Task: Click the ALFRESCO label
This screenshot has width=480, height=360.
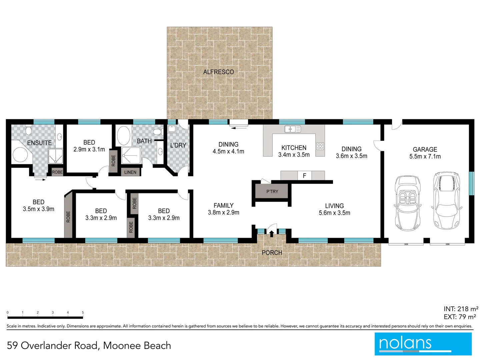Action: coord(219,72)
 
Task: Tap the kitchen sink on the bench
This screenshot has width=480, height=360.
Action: coord(292,129)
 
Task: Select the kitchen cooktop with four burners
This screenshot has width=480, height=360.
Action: coord(320,146)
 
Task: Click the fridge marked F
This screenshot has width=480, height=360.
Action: coord(304,176)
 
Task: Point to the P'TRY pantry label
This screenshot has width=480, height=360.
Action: coord(272,192)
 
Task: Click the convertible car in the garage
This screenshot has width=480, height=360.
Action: coord(407,203)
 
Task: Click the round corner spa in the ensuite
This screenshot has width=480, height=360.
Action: coord(20,155)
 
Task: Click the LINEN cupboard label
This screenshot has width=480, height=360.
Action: coord(130,172)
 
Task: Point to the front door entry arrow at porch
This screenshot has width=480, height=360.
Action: coord(272,233)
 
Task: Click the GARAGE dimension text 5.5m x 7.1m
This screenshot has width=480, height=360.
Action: coord(425,157)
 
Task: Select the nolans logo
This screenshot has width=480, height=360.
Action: coord(423,344)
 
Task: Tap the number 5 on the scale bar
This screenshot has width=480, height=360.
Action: coord(83,313)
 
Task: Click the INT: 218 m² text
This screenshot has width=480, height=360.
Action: coord(461,309)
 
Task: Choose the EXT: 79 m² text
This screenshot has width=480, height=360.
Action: coord(460,317)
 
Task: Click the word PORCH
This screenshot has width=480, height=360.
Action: coord(272,253)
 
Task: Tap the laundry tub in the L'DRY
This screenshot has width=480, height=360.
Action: coord(172,129)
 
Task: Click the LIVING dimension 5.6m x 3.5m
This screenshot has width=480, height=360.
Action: coord(334,213)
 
